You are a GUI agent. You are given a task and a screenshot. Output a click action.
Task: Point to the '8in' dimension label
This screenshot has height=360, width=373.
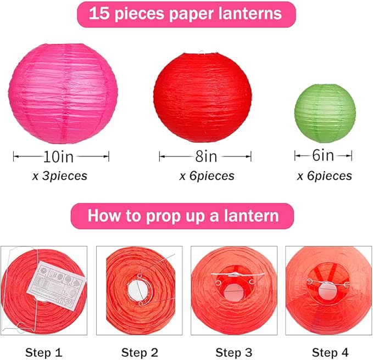pyautogui.click(x=206, y=157)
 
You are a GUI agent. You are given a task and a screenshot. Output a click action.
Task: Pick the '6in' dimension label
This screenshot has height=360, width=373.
pyautogui.click(x=323, y=156)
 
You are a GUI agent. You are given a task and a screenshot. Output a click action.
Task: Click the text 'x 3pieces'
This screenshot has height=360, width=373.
pyautogui.click(x=59, y=176)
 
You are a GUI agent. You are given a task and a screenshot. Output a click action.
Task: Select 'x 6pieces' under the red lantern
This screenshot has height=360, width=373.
pyautogui.click(x=207, y=176)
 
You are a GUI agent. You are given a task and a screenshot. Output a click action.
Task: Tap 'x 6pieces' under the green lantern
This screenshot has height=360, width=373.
pyautogui.click(x=324, y=176)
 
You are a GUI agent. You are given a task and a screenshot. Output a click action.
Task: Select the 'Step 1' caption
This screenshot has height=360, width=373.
pyautogui.click(x=43, y=352)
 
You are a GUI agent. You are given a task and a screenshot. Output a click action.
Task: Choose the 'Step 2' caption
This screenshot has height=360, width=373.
pyautogui.click(x=139, y=352)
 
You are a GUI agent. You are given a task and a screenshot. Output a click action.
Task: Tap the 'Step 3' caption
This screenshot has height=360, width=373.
pyautogui.click(x=233, y=352)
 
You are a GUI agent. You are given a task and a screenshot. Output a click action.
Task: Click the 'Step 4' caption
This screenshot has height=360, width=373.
pyautogui.click(x=330, y=352)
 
